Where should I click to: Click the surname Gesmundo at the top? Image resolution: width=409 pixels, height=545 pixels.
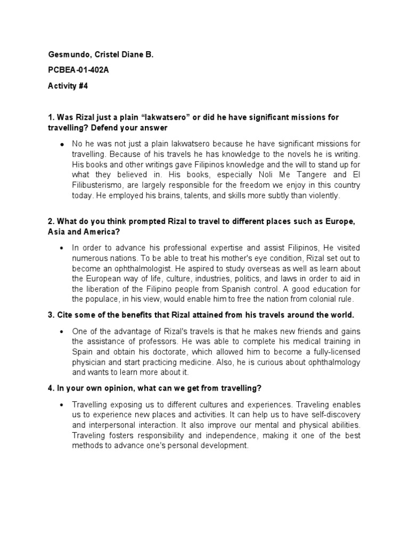(67, 54)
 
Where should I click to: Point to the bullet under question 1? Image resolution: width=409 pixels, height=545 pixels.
(62, 144)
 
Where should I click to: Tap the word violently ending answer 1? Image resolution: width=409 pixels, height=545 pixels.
(321, 196)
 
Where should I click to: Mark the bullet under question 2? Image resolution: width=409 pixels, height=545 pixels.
(62, 248)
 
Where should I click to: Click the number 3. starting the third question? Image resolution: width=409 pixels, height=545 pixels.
(51, 315)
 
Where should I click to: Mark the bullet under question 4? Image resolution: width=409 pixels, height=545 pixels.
(62, 404)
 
